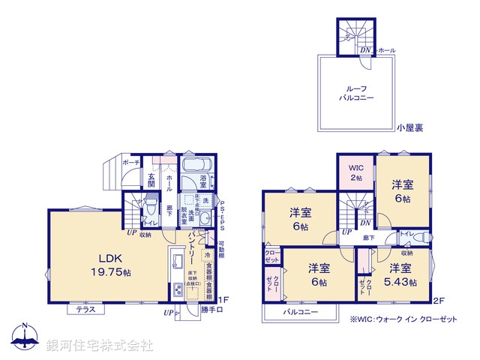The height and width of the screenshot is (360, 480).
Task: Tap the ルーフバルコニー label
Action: click(356, 93)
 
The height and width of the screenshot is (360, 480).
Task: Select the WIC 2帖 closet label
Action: click(355, 172)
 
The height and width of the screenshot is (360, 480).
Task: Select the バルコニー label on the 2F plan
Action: click(300, 312)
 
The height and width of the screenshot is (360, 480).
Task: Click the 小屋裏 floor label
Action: click(409, 128)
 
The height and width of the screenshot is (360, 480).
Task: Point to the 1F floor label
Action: click(223, 299)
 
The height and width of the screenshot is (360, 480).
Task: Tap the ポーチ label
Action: click(130, 162)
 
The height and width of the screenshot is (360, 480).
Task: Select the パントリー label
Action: click(192, 241)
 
